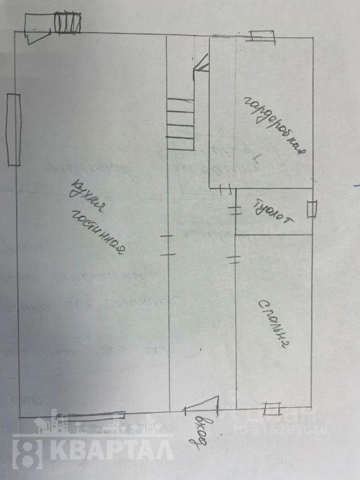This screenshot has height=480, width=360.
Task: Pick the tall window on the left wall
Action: (13, 129)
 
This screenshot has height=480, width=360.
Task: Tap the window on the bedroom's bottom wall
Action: (272, 408)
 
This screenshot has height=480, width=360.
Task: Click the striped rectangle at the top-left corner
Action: (66, 23)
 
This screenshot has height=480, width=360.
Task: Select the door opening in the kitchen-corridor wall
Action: (168, 245)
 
